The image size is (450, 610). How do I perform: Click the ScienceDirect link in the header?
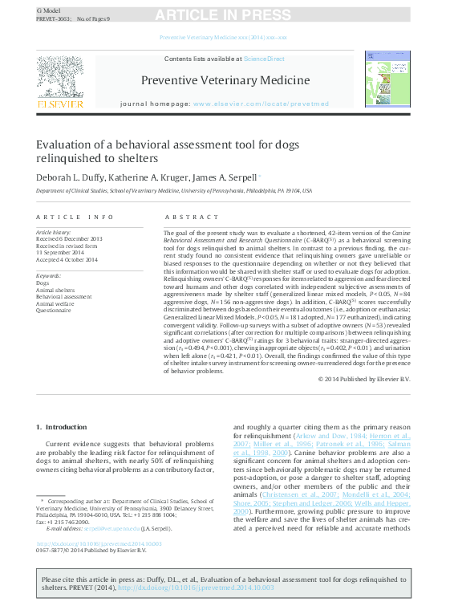pos(264,59)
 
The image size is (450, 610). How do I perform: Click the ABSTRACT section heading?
pos(187,218)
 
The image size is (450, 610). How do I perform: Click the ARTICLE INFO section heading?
pos(75,218)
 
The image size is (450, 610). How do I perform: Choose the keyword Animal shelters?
pos(55,290)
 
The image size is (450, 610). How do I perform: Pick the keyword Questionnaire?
pos(54,309)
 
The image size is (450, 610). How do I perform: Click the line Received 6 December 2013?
pos(69,239)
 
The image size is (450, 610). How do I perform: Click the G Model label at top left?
pos(49,10)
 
